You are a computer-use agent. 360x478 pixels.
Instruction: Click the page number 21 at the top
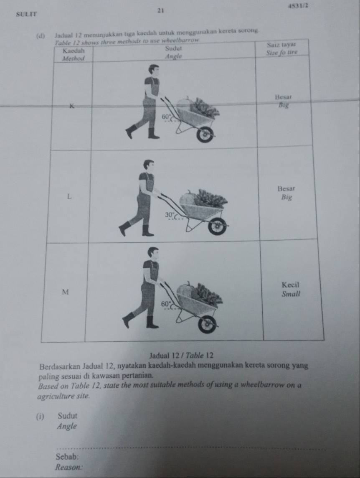[x=161, y=11]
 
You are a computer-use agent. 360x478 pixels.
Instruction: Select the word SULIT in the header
[x=27, y=14]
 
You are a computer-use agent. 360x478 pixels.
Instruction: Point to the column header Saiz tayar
[x=281, y=45]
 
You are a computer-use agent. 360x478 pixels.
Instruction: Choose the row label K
[x=72, y=106]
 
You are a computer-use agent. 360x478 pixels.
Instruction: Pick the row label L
[x=69, y=196]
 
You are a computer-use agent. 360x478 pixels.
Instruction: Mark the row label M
[x=65, y=292]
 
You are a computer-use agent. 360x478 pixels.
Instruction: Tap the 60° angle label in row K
[x=166, y=117]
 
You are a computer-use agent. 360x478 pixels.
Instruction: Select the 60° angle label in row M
[x=165, y=304]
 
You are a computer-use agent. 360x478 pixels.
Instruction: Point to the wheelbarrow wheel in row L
[x=217, y=226]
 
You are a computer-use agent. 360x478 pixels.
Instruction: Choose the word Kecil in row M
[x=291, y=285]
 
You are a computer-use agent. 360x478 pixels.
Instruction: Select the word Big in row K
[x=284, y=106]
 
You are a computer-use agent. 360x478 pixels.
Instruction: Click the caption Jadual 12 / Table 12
[x=181, y=356]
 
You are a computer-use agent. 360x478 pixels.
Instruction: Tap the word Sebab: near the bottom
[x=66, y=457]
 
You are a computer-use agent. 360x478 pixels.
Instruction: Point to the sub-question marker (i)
[x=39, y=417]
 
